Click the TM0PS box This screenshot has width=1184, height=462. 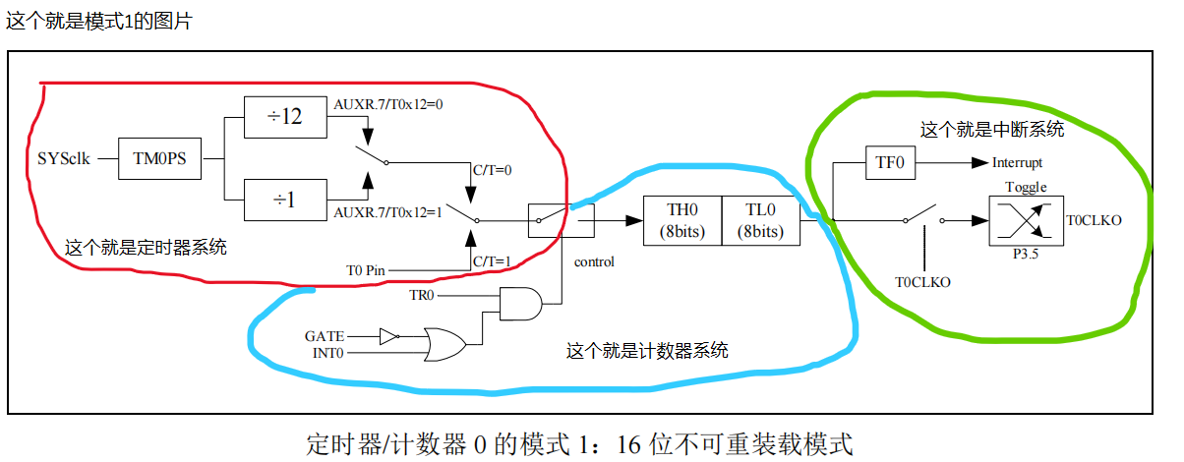point(159,157)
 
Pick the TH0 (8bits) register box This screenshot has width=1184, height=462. point(681,220)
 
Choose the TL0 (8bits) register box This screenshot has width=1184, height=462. point(761,220)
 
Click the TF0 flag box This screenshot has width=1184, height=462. point(890,162)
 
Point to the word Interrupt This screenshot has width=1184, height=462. point(1017,163)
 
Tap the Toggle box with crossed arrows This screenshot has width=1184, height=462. point(1025,220)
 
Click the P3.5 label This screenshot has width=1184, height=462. point(1026,253)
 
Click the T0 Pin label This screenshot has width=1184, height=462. point(367,269)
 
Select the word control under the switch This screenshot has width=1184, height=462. point(593,261)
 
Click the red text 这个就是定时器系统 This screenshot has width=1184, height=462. point(146,248)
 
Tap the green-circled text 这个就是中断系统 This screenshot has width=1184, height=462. point(991,129)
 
